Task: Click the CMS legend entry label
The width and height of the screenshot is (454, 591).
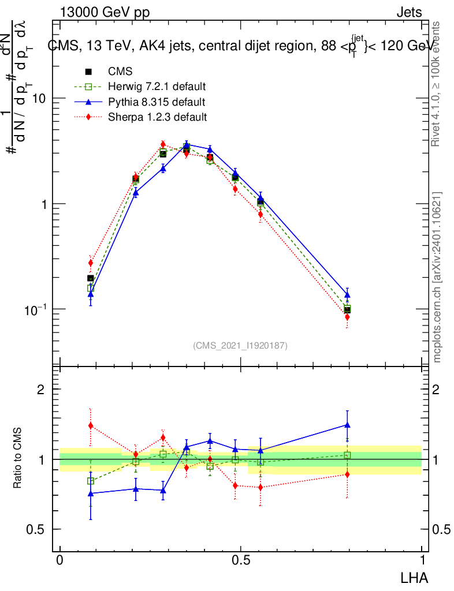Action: [x=120, y=72]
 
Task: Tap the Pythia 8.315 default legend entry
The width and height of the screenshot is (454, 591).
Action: [x=156, y=102]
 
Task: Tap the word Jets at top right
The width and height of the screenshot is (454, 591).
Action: [x=409, y=13]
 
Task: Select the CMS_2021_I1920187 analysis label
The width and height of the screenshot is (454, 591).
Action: [x=240, y=345]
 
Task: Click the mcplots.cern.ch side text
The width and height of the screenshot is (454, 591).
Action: [x=438, y=277]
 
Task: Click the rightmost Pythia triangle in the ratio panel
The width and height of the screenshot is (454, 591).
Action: [x=347, y=425]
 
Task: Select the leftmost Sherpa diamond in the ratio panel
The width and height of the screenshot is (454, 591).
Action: [x=91, y=426]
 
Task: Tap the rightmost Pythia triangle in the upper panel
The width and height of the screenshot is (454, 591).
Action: [x=347, y=295]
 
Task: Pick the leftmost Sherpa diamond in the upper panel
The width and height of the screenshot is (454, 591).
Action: [x=91, y=263]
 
